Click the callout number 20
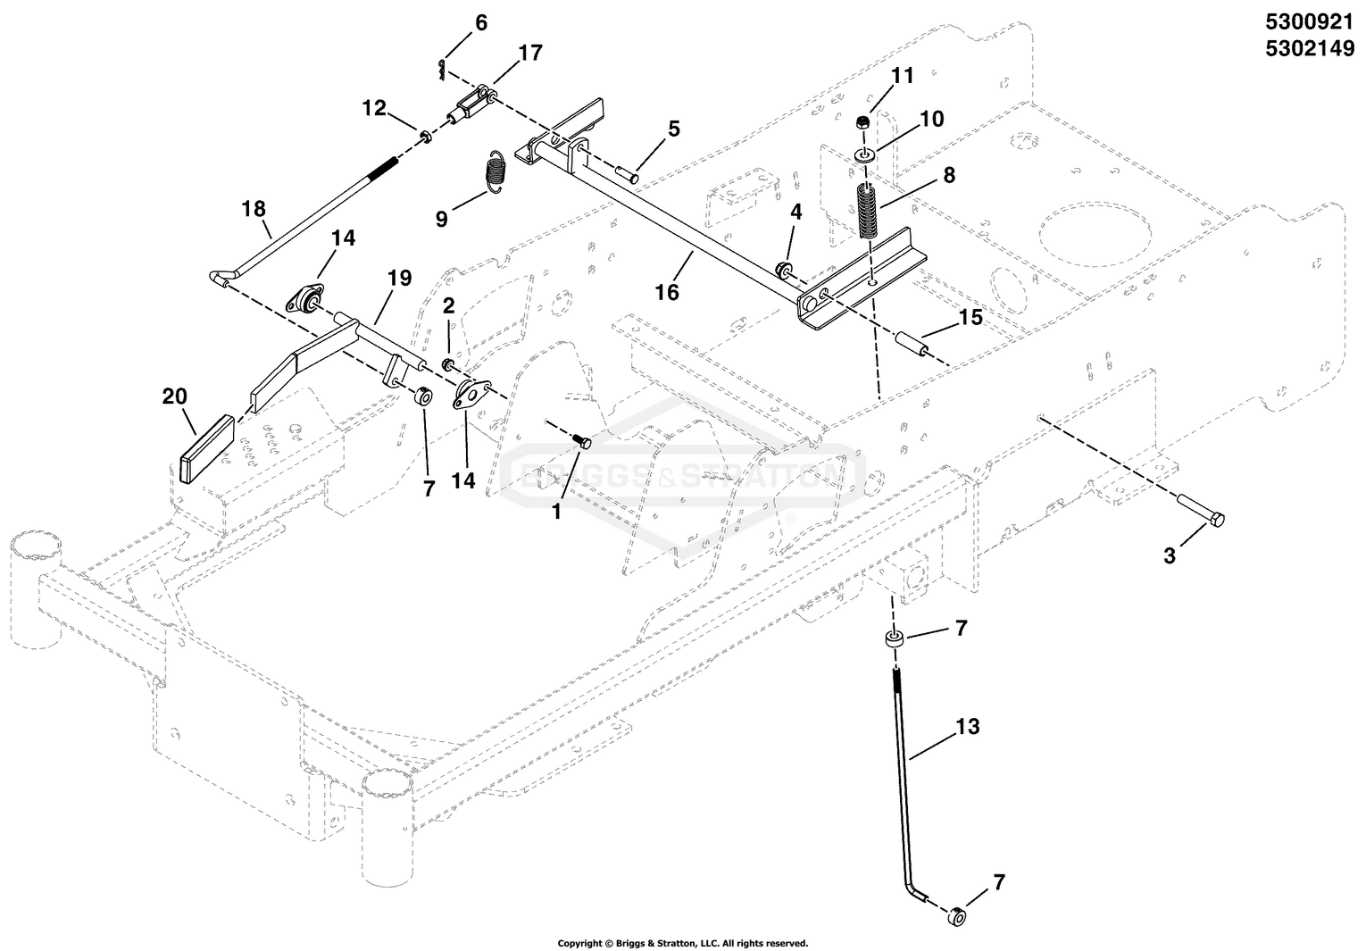click(175, 396)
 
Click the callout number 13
click(967, 728)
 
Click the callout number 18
click(254, 209)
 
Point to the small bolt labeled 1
click(582, 439)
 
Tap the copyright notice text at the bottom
click(682, 943)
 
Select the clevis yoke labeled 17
click(471, 105)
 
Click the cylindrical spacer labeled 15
click(911, 344)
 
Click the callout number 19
click(399, 279)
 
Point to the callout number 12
click(374, 108)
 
